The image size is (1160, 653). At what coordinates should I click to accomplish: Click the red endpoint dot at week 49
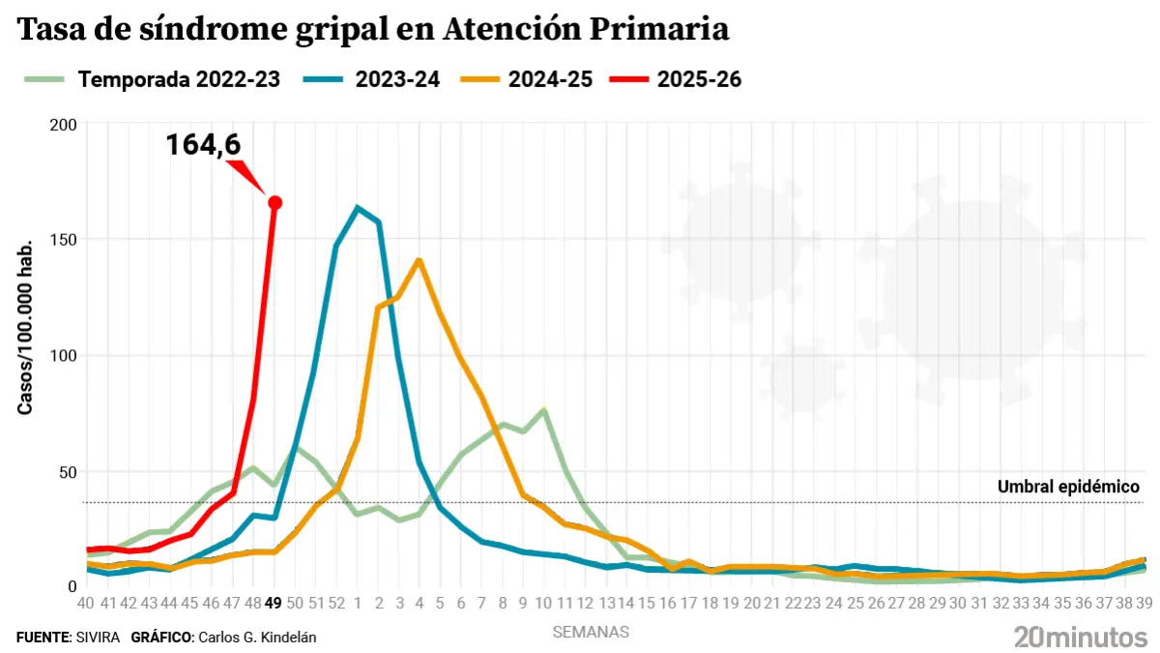(275, 202)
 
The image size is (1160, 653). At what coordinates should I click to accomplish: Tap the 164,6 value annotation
(203, 145)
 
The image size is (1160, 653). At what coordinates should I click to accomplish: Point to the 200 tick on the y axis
(63, 125)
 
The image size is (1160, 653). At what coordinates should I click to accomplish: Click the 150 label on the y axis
(63, 240)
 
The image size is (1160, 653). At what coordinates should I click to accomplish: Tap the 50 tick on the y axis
(67, 472)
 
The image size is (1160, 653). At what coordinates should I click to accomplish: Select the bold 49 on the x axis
(274, 603)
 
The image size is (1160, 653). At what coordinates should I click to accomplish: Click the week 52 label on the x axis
(336, 603)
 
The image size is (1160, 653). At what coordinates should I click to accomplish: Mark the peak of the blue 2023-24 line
(358, 207)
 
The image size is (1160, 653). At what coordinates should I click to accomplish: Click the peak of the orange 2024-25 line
(420, 259)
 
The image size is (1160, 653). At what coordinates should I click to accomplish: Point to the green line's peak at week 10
(545, 410)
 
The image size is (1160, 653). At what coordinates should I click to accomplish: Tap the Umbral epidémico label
(1069, 487)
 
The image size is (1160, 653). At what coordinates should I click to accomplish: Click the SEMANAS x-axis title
(591, 633)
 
